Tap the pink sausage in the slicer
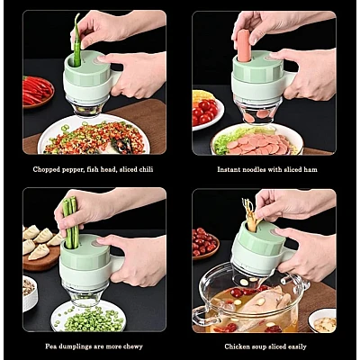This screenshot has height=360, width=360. coord(244,45)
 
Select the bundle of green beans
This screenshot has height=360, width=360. coord(71,222)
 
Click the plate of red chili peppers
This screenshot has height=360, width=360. coord(38,92)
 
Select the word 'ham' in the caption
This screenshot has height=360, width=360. coord(310,169)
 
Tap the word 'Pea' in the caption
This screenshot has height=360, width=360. coord(50,346)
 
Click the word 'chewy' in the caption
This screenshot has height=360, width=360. coord(133,347)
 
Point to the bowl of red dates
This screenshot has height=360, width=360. coord(205,243)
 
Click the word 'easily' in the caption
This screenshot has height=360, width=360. coord(297,347)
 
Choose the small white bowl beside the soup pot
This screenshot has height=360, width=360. coord(322,320)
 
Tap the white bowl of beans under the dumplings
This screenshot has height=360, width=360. coord(30,293)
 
